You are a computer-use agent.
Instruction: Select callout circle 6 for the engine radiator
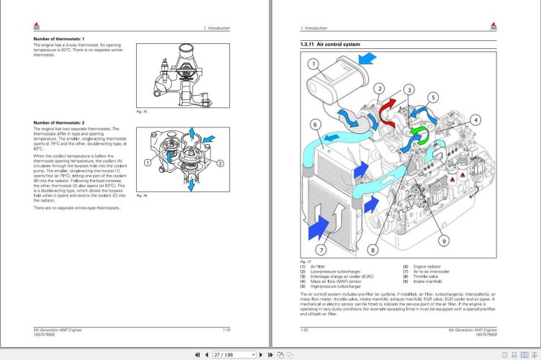316,125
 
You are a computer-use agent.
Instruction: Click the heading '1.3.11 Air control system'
330,45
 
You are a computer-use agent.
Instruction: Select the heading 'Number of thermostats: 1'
59,37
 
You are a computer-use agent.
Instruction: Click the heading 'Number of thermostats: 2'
59,122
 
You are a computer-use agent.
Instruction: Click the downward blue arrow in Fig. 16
192,186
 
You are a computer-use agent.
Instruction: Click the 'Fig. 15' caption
141,112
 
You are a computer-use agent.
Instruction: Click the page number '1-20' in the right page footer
303,329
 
